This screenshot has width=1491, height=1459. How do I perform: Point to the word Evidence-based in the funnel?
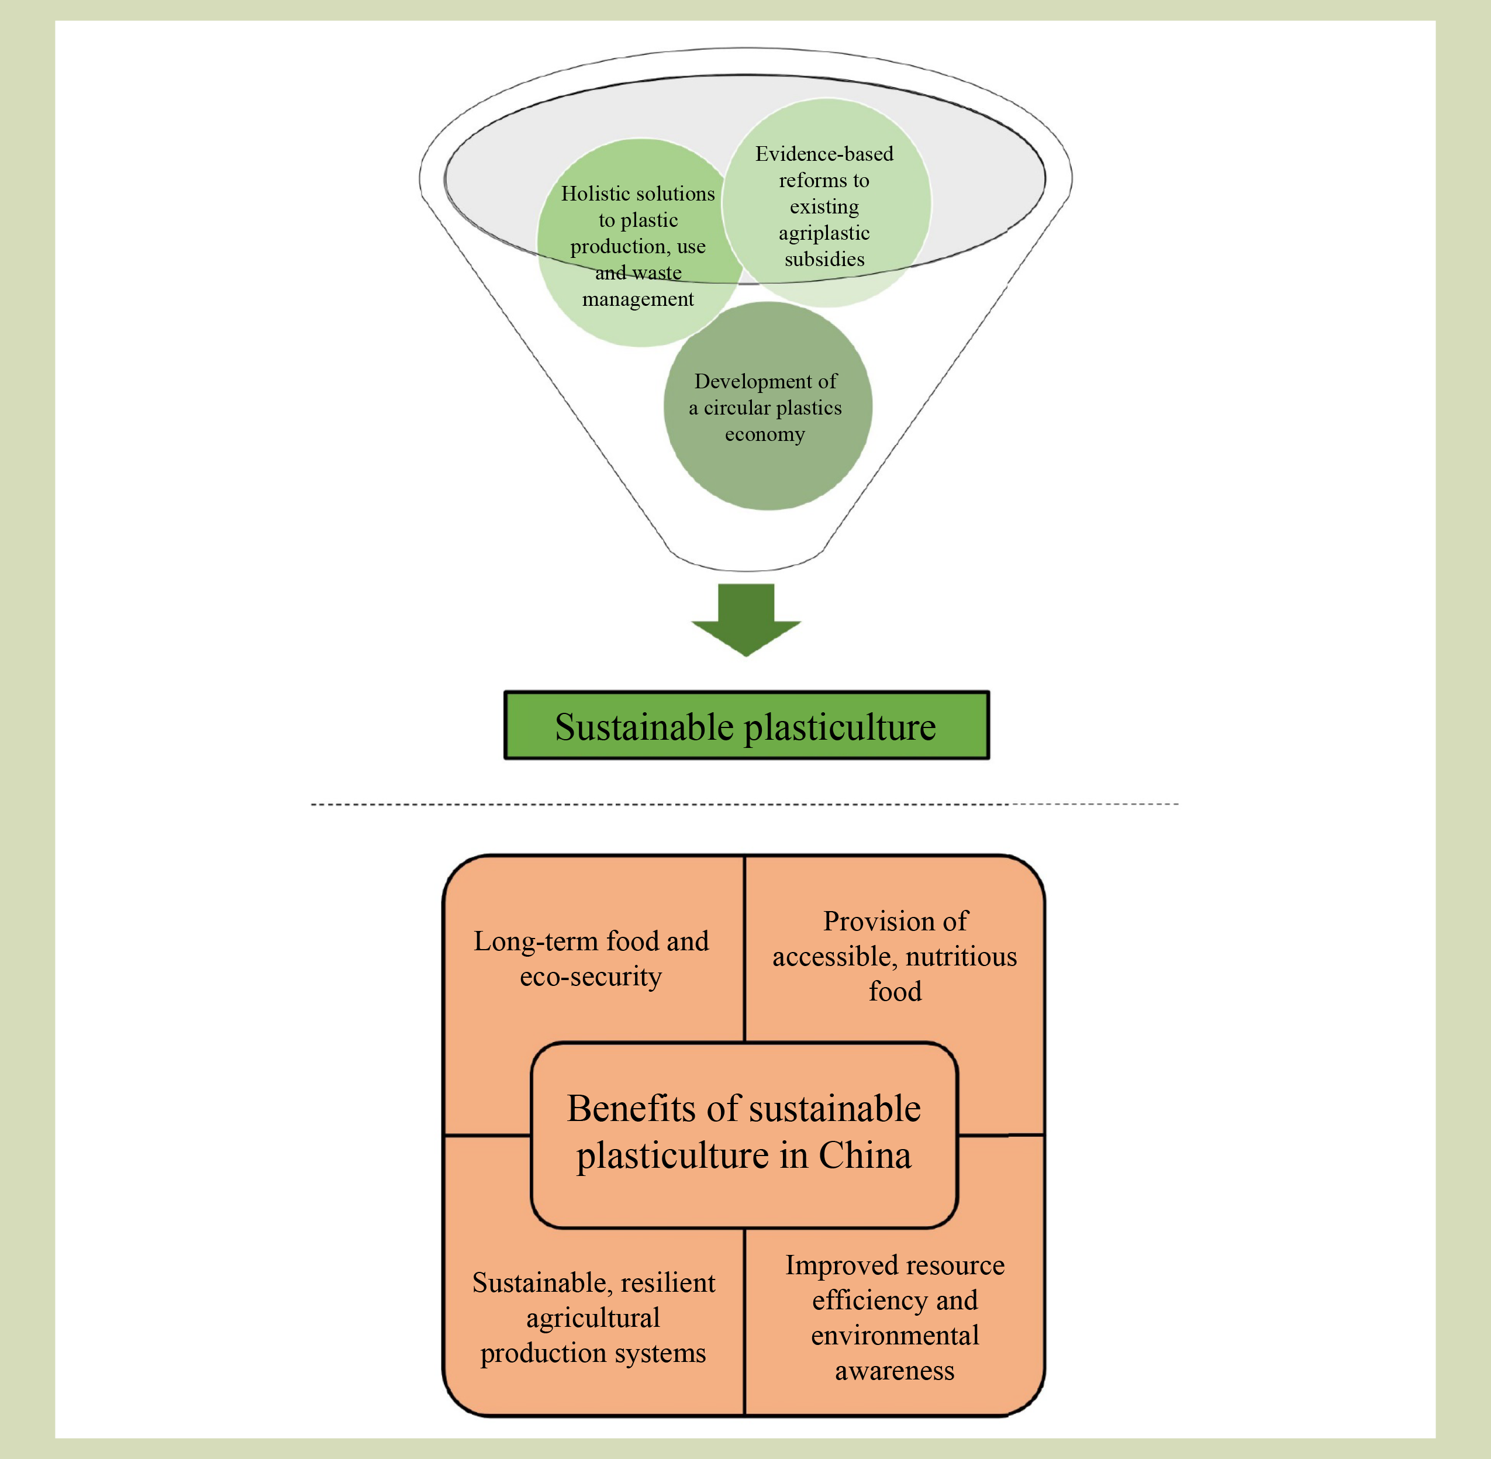point(824,154)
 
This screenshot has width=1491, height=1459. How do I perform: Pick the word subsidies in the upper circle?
point(824,259)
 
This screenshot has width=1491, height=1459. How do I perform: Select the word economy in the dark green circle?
point(765,434)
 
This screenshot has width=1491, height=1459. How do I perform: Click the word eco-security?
point(590,976)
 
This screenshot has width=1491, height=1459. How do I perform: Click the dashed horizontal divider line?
point(743,805)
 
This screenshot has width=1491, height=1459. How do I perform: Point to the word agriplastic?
point(824,233)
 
